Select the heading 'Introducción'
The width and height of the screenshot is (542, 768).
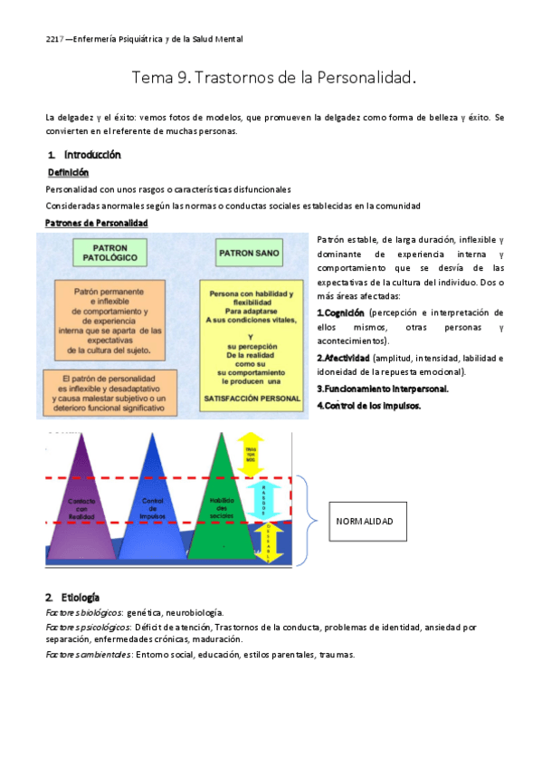click(x=92, y=155)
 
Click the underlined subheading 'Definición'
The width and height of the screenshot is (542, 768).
click(x=68, y=172)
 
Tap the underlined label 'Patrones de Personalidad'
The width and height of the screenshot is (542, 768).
click(x=97, y=223)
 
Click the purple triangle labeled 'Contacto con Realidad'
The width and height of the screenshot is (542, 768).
click(x=81, y=512)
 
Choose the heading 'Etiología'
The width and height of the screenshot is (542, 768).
click(x=81, y=598)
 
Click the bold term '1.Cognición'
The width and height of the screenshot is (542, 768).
click(x=340, y=312)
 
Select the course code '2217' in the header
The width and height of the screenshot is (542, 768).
click(x=55, y=39)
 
